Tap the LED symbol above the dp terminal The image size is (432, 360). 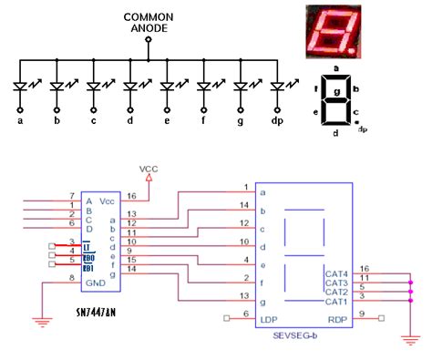click(x=277, y=86)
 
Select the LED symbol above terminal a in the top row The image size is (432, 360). click(x=21, y=86)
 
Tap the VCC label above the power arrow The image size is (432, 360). click(x=149, y=169)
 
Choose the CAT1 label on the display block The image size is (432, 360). click(x=336, y=300)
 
